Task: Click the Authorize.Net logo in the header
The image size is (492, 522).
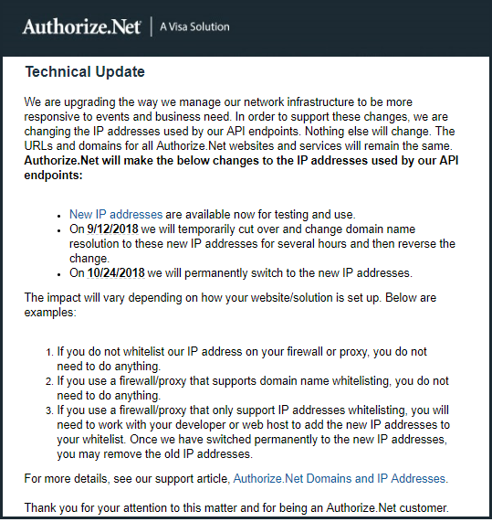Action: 81,27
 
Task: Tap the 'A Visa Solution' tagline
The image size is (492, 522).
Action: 194,27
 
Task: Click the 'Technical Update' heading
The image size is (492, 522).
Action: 85,71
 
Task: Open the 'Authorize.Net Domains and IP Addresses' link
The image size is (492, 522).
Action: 340,478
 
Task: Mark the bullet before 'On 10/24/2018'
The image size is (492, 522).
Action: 59,273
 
